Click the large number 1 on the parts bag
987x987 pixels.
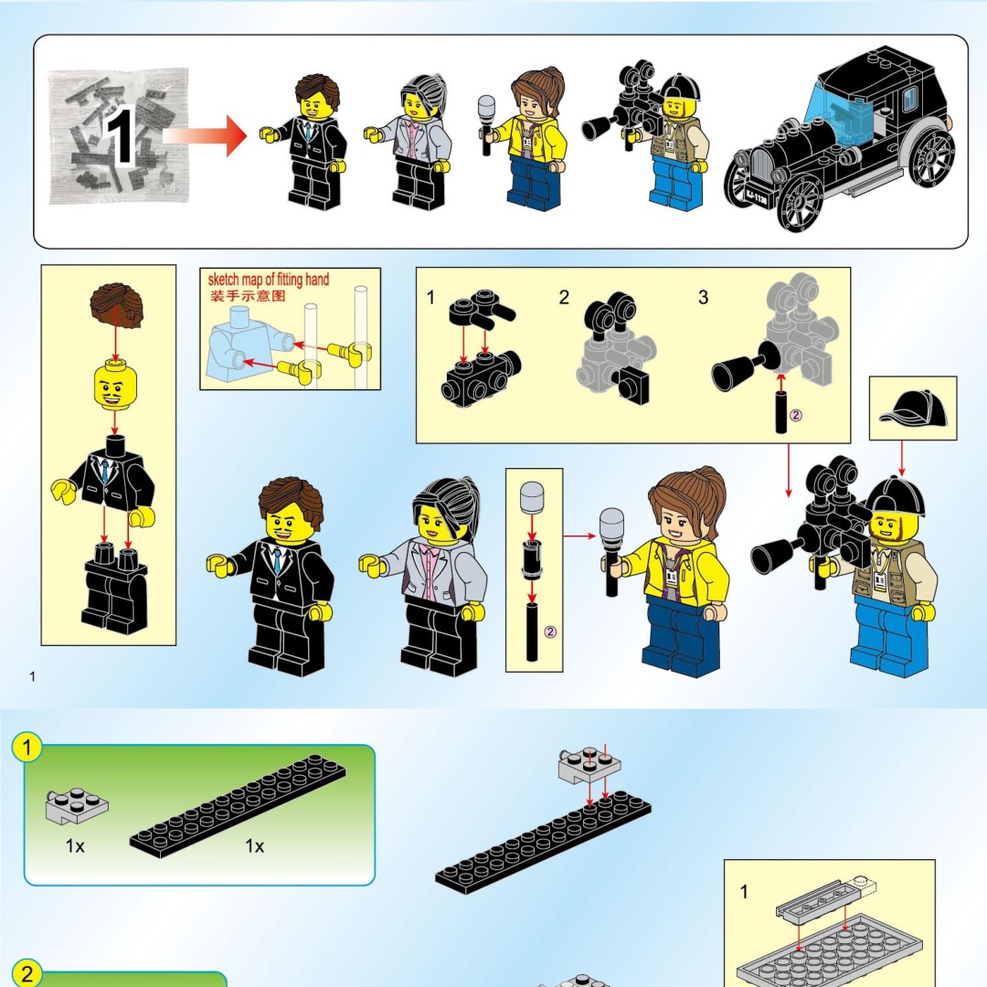point(120,136)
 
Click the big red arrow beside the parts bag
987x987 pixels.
point(205,135)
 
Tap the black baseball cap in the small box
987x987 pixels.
point(913,408)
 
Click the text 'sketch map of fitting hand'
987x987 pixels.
point(268,279)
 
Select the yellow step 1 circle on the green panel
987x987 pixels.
point(27,748)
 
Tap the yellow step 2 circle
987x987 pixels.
point(27,972)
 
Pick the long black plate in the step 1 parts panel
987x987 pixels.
point(238,807)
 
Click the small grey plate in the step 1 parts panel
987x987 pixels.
point(77,805)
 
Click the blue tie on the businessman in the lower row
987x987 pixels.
point(277,559)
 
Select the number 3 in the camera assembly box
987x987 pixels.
point(703,297)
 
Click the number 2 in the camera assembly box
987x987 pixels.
point(564,297)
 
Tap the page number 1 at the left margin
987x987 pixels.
point(32,677)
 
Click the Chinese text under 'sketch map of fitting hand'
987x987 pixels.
point(248,296)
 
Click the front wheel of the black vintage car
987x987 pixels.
point(800,203)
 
